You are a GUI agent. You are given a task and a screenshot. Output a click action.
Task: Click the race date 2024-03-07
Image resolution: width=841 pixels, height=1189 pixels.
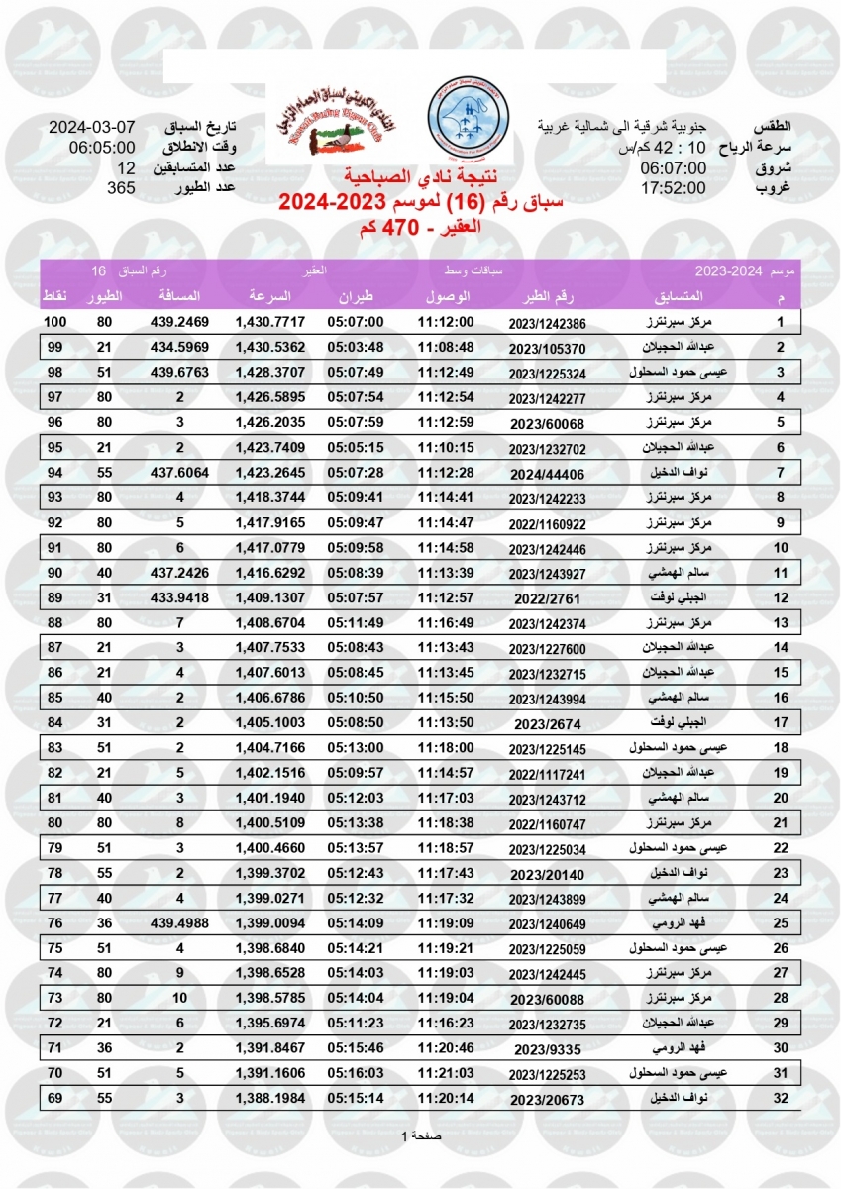(x=92, y=129)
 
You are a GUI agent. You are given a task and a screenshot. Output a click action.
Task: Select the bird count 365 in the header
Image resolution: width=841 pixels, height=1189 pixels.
(x=121, y=188)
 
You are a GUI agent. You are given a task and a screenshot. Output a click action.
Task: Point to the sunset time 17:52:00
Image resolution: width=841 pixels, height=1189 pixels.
(x=673, y=188)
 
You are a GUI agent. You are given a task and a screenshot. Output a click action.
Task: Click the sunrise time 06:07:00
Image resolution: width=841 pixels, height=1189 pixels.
(x=673, y=168)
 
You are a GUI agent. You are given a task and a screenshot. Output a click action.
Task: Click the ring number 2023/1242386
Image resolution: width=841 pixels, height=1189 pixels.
(x=547, y=323)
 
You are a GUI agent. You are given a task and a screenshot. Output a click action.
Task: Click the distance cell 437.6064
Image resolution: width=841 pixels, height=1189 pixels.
(x=180, y=470)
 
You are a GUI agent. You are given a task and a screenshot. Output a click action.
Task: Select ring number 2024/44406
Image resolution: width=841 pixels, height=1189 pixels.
(x=547, y=470)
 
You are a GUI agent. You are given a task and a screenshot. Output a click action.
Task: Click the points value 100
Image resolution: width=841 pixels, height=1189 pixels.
(x=55, y=323)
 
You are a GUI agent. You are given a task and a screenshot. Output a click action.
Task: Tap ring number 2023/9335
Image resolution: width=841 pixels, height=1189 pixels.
(x=547, y=1049)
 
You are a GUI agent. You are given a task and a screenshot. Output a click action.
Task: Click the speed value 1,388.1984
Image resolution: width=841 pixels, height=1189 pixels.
(x=270, y=1098)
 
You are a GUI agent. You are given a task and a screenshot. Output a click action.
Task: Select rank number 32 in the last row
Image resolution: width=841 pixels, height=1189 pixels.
(x=781, y=1098)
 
